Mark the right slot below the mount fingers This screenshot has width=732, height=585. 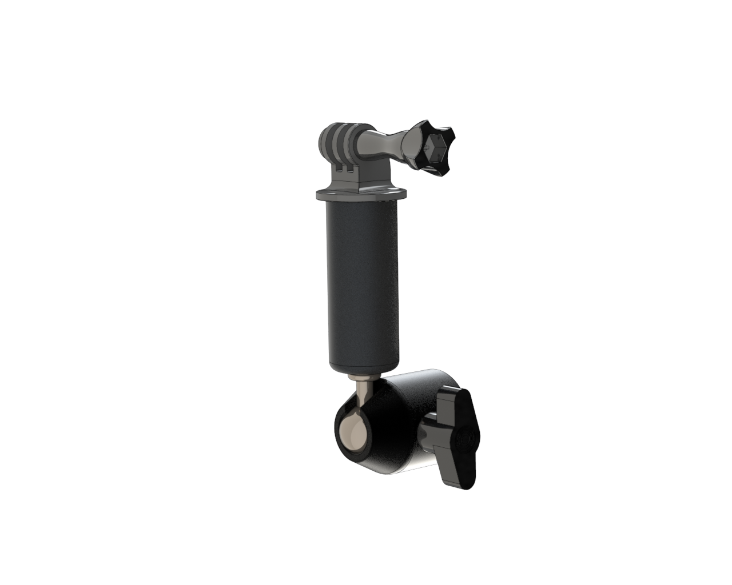coord(349,171)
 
